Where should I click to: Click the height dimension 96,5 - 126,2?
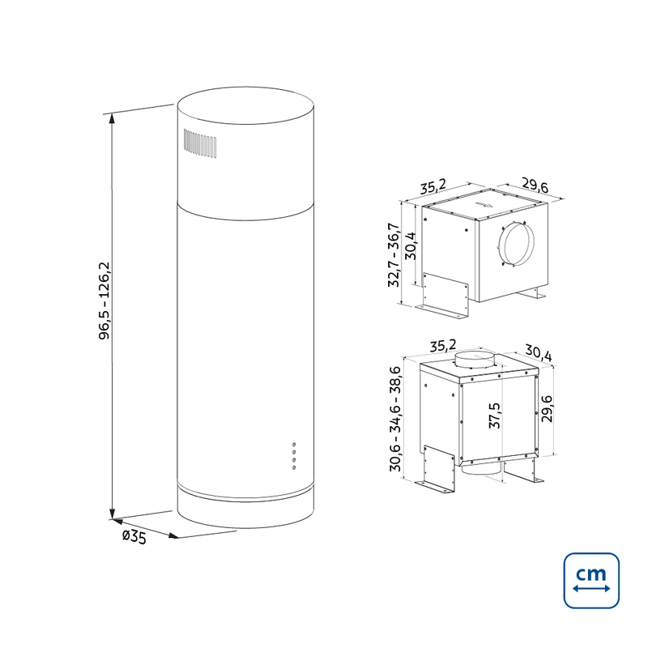click(104, 301)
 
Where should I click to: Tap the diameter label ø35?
click(134, 537)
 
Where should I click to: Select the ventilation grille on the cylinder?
click(200, 143)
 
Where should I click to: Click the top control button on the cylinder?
click(294, 445)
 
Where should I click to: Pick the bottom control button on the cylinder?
click(294, 467)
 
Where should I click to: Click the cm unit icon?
click(591, 580)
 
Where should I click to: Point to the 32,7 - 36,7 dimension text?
click(394, 255)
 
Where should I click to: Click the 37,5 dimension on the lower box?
click(494, 416)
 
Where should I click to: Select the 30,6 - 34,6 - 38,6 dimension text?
click(395, 419)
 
